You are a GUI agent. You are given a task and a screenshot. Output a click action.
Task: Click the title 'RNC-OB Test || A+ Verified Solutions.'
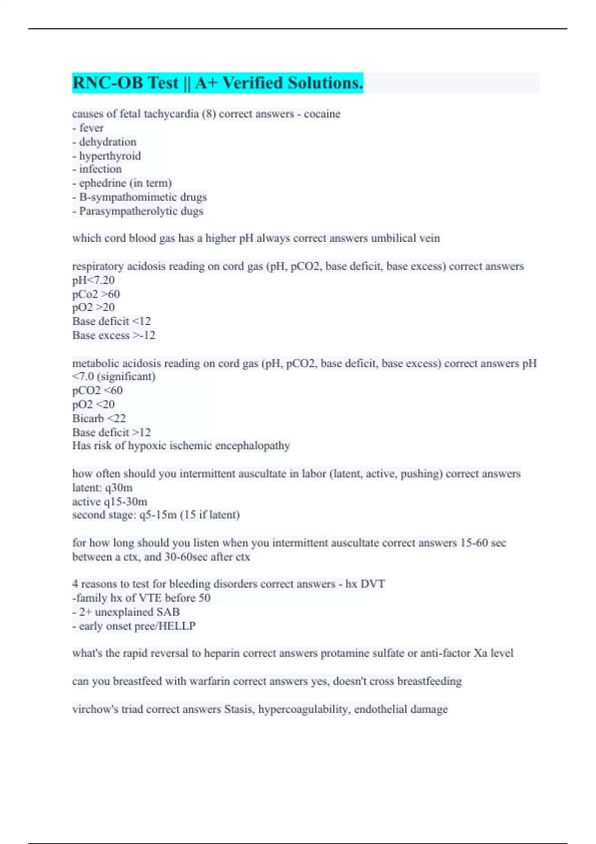[218, 83]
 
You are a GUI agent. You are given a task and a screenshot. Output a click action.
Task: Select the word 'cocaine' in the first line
[322, 114]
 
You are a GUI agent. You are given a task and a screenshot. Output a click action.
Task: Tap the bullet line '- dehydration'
[104, 142]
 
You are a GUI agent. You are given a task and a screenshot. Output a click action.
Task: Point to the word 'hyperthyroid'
[110, 156]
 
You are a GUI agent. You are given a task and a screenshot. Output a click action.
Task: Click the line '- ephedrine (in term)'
[122, 183]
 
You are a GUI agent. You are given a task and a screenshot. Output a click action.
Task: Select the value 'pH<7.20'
[93, 280]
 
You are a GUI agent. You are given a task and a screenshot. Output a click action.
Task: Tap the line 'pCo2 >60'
[96, 294]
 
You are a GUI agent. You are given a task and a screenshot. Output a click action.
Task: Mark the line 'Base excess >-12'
[114, 336]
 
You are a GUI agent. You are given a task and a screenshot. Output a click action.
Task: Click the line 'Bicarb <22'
[99, 418]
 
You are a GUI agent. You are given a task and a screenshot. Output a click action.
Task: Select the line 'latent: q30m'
[102, 488]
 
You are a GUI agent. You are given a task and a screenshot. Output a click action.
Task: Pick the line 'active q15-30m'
[110, 501]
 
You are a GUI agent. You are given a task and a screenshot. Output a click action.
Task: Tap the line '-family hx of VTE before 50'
[141, 598]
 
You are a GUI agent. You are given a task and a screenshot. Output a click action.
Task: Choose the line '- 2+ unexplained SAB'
[126, 612]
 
